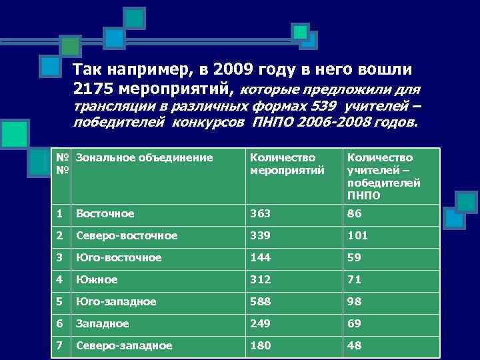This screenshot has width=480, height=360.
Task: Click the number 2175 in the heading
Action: (94, 89)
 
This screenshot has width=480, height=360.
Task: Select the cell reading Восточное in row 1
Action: (105, 214)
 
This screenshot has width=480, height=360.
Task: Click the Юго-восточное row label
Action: (119, 258)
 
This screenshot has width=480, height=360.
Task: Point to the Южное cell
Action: (97, 280)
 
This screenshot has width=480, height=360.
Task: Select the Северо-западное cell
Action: (125, 346)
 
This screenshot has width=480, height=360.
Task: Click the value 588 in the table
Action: (260, 302)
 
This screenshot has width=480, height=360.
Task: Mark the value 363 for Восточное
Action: (260, 214)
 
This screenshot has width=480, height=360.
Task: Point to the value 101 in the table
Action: (357, 236)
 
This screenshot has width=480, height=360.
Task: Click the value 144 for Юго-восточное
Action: (260, 258)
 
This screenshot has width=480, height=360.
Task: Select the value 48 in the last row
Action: (354, 346)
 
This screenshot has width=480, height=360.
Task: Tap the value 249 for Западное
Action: (260, 324)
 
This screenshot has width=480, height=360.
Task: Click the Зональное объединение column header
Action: (144, 158)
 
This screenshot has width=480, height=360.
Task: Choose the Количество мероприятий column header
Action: (287, 164)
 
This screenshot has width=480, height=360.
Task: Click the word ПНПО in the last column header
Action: (363, 195)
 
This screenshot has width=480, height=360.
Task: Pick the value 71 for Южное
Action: (354, 280)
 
